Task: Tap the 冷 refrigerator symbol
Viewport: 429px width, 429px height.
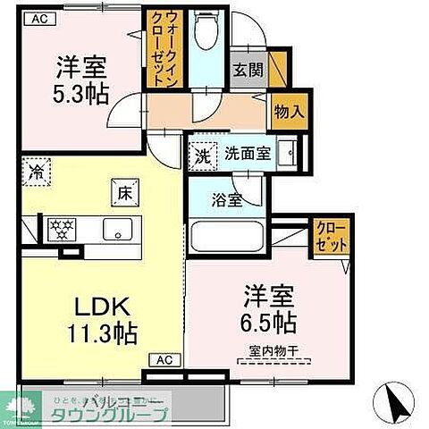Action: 38,169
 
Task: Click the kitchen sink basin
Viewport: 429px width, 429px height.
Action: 117,229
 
